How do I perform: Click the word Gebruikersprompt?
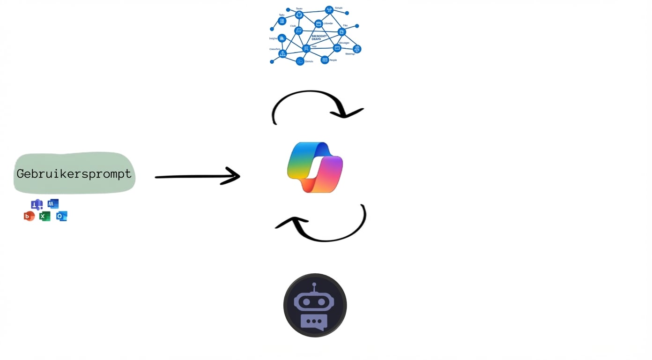(74, 174)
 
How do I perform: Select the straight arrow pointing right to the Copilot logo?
(197, 176)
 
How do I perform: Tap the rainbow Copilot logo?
(315, 167)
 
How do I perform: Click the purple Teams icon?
(37, 205)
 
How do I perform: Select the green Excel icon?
(44, 216)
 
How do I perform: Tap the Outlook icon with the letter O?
(61, 216)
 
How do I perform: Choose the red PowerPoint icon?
(29, 216)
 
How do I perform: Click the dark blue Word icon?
(53, 204)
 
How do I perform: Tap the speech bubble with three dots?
(314, 322)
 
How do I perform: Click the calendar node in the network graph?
(319, 24)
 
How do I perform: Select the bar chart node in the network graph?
(282, 38)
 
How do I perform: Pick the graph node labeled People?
(325, 60)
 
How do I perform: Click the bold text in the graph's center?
(319, 37)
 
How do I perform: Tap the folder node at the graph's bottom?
(300, 61)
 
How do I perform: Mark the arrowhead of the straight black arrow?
(232, 176)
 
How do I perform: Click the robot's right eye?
(322, 302)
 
